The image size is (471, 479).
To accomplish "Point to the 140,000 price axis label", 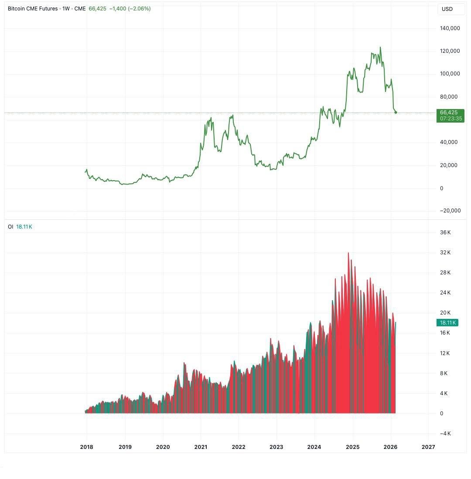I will click(x=450, y=28).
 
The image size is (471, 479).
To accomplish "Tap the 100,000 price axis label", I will click(x=450, y=74).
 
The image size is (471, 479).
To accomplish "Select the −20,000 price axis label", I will click(x=450, y=211).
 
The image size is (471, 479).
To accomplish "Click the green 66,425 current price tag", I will click(x=449, y=113).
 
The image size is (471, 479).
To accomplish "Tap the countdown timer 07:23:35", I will click(x=451, y=119).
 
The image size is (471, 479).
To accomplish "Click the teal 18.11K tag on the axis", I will click(x=447, y=323).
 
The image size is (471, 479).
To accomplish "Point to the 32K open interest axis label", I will click(x=445, y=253).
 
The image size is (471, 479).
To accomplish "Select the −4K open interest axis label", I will click(x=445, y=434).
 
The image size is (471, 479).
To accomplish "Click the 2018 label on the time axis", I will click(x=86, y=447).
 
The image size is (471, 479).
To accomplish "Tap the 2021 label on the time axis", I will click(x=201, y=447).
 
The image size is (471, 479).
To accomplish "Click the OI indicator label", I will click(x=10, y=227).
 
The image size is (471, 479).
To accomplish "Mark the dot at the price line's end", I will click(x=396, y=113).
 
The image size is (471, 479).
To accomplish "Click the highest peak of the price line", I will click(x=380, y=48).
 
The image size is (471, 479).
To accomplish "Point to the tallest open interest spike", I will click(x=348, y=253).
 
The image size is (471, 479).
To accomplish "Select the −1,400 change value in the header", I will click(x=118, y=9).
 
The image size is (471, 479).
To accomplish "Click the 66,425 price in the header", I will click(x=97, y=9).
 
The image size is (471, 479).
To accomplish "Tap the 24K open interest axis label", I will click(x=445, y=293).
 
